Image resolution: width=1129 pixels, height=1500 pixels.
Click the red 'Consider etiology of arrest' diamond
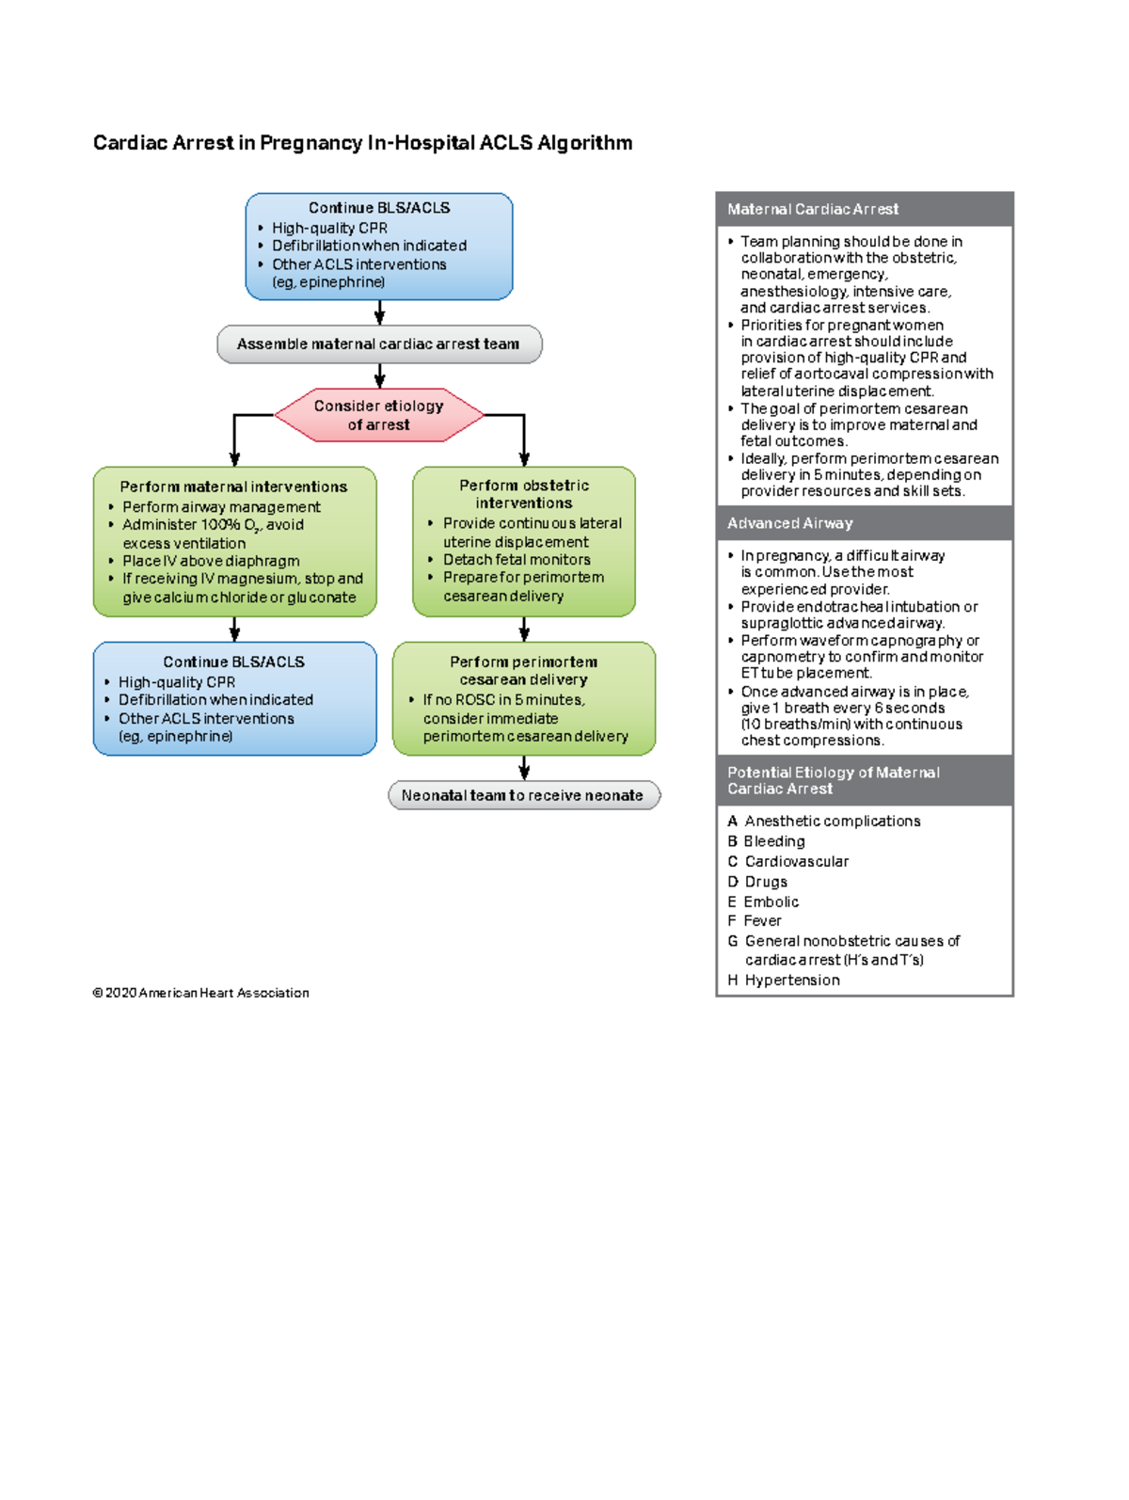point(379,415)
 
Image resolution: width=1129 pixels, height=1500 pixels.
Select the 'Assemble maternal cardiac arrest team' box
point(379,344)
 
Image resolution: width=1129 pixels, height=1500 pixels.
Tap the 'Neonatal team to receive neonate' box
point(523,795)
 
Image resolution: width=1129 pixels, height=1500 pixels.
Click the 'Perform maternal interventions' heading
point(233,487)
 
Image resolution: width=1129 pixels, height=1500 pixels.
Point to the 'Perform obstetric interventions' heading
point(524,494)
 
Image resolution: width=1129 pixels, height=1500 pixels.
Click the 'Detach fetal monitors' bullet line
point(517,560)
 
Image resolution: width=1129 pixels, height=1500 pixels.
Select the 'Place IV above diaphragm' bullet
point(211,561)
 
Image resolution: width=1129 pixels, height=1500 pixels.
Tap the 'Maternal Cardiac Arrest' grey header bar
point(864,209)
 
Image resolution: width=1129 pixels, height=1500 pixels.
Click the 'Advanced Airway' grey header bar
point(864,523)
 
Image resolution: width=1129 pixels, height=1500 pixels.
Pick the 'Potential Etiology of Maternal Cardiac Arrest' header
point(864,780)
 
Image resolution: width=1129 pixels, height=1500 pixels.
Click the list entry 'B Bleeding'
point(767,841)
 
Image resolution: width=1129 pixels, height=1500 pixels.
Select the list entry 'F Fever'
point(755,921)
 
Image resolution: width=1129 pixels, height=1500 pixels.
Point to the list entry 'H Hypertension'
point(784,981)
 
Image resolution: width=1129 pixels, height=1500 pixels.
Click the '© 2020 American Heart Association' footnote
point(200,993)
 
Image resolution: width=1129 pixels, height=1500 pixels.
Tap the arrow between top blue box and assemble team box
point(379,313)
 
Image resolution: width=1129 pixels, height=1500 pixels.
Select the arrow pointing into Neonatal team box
point(524,769)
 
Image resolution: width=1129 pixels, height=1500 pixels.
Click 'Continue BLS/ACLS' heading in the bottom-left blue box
point(233,662)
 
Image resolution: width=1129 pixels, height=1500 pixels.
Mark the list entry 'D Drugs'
point(757,882)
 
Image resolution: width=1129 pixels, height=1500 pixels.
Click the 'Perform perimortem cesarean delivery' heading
point(523,671)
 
